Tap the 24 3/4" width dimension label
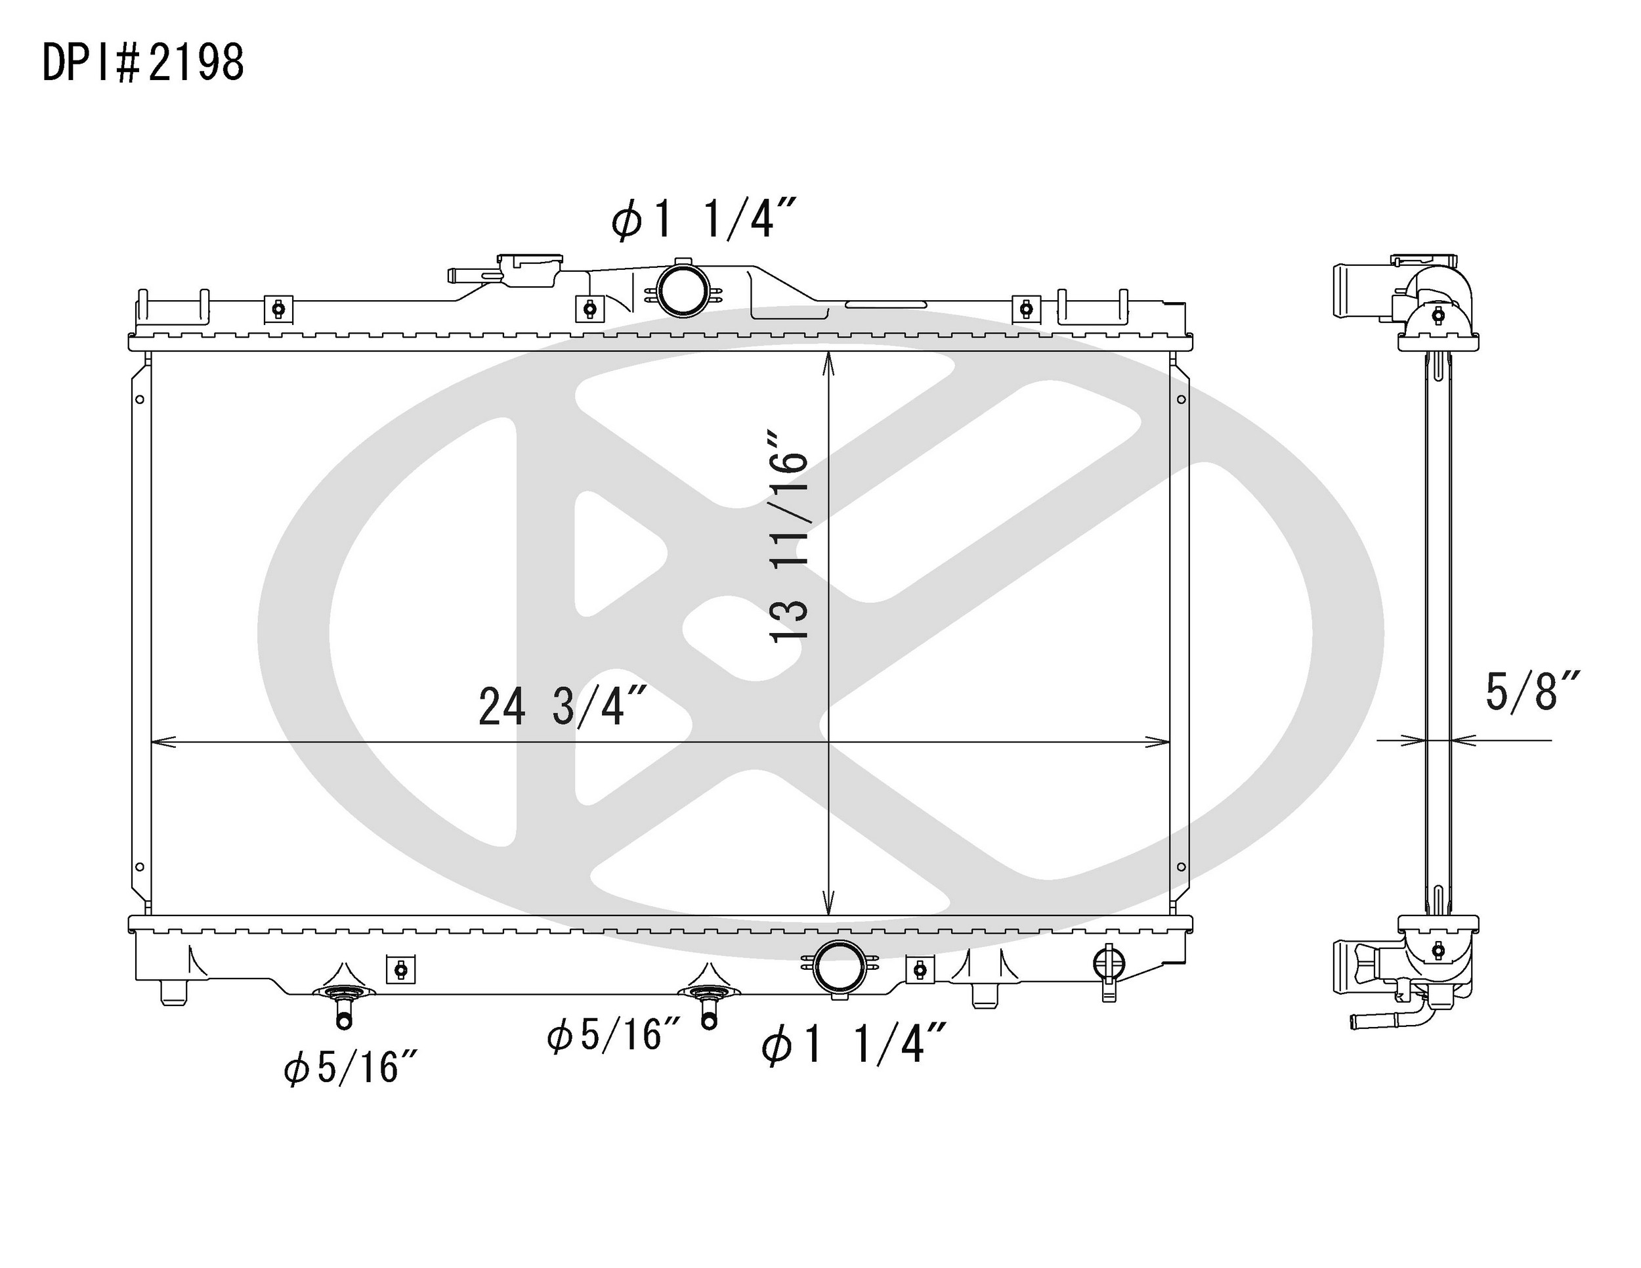point(563,707)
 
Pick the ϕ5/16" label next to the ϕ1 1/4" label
point(614,1035)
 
